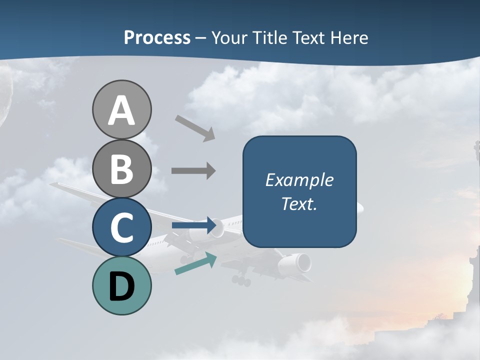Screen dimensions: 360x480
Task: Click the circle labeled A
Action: coord(121,110)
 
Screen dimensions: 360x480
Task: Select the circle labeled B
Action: coord(121,168)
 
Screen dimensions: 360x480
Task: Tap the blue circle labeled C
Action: coord(121,227)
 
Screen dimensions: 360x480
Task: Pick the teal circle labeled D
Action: coord(121,285)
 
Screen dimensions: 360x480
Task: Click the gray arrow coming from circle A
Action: coord(195,128)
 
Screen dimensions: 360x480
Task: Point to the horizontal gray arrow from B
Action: coord(193,171)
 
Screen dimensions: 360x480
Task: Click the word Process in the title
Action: coord(157,38)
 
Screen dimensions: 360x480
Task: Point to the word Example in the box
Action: coord(299,180)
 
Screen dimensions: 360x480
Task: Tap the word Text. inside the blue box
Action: coord(299,203)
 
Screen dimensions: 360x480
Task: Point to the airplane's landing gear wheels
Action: coord(241,280)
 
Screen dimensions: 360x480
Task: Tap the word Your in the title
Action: coord(229,38)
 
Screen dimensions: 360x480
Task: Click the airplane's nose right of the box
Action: coord(360,206)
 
